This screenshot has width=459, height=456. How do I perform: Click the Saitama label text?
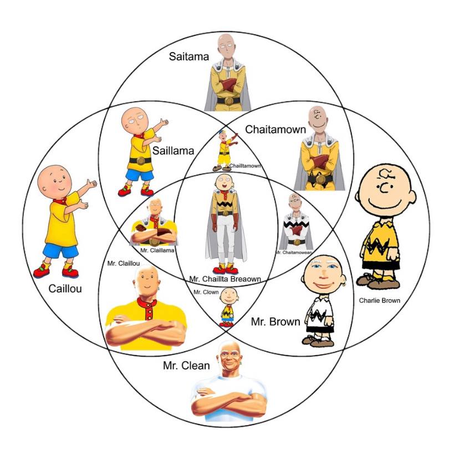[189, 57]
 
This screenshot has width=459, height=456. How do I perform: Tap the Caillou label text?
[65, 289]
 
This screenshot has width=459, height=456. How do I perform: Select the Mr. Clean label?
[186, 366]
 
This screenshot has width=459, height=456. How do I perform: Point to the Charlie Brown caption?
[379, 300]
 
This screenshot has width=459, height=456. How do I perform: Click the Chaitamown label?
[276, 129]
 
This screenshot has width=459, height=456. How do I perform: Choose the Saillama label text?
[174, 151]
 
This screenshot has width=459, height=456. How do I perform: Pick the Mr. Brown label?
[276, 322]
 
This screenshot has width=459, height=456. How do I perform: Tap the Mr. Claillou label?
[124, 263]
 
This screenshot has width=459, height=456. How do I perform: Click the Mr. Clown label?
[206, 292]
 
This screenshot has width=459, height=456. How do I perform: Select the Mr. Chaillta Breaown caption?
[225, 279]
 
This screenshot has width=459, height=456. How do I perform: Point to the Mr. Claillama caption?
[157, 250]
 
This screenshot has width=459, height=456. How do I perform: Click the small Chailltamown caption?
[245, 166]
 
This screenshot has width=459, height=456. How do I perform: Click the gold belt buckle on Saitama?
[229, 101]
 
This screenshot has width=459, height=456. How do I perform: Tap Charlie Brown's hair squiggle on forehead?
[385, 175]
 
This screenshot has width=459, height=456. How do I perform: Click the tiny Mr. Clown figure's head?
[228, 295]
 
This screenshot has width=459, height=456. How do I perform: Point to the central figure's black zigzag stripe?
[226, 204]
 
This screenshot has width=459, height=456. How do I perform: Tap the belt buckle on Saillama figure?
[141, 161]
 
